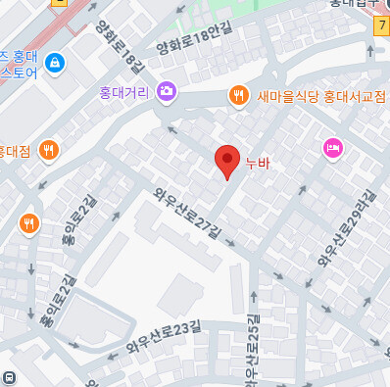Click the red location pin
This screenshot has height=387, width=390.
click(x=227, y=160)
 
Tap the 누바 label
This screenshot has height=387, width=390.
click(x=257, y=165)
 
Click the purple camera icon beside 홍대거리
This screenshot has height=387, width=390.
click(x=166, y=91)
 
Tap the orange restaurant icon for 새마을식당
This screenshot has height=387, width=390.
click(x=237, y=95)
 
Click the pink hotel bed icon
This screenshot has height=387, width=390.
click(x=332, y=148)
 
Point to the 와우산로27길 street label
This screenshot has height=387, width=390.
click(x=189, y=209)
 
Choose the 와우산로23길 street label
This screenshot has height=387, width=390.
click(x=162, y=336)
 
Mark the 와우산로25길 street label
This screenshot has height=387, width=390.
click(x=256, y=349)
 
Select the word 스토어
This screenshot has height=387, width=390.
click(x=20, y=73)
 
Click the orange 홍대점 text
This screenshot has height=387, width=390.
click(x=16, y=151)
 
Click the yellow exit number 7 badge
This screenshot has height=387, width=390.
click(x=380, y=26)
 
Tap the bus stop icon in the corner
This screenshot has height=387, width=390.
click(x=9, y=378)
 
